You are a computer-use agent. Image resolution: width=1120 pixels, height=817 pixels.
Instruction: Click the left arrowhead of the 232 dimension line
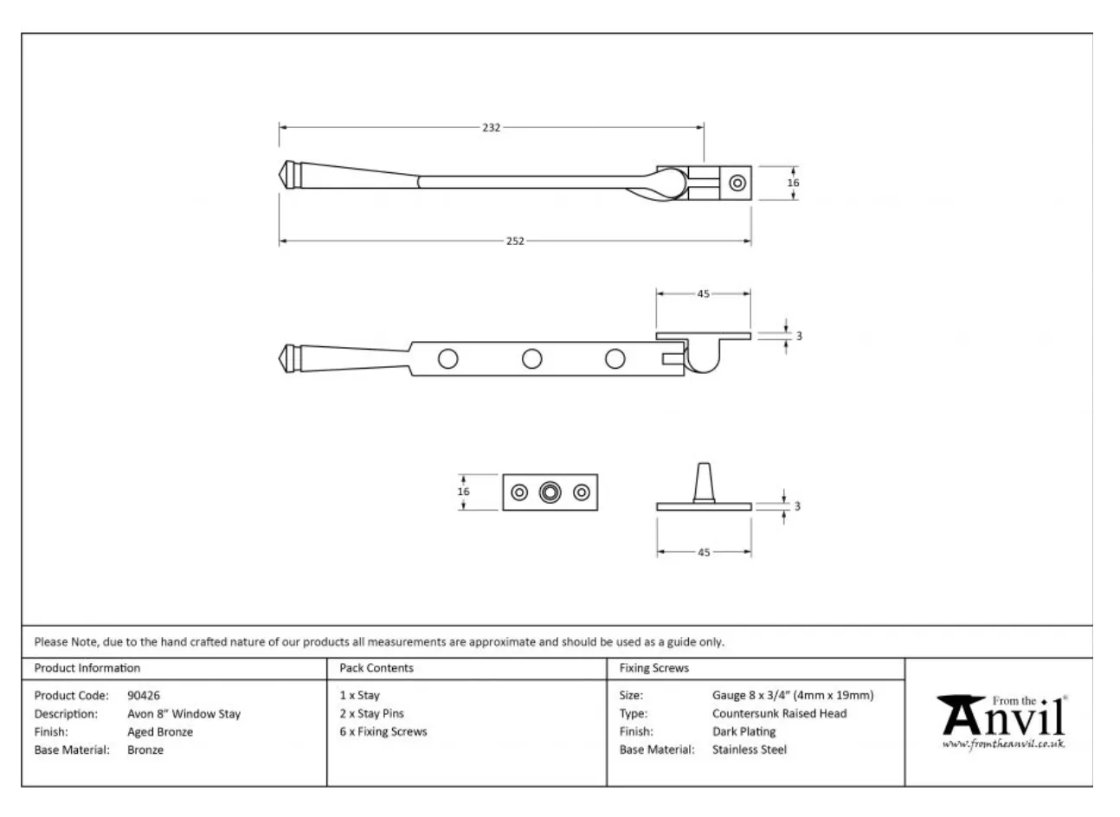point(283,127)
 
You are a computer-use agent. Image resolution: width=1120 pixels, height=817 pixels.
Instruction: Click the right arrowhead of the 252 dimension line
point(748,241)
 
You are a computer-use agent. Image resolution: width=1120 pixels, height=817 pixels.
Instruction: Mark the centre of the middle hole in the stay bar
point(532,359)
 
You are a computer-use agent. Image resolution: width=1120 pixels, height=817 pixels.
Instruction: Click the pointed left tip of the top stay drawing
point(279,175)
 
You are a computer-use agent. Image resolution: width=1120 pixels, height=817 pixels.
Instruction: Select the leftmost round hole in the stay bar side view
point(448,359)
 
